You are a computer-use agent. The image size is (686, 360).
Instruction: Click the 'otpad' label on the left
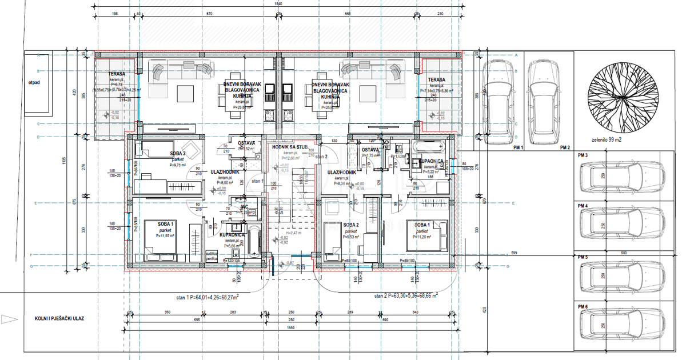34,82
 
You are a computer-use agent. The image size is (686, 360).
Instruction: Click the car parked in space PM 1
497,102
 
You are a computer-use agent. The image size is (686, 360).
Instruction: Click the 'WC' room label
244,206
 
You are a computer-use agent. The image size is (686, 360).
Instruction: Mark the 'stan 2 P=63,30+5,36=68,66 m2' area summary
406,296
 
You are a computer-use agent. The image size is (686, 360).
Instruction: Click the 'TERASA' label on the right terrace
436,79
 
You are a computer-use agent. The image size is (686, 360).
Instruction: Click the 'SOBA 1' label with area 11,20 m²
422,225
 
